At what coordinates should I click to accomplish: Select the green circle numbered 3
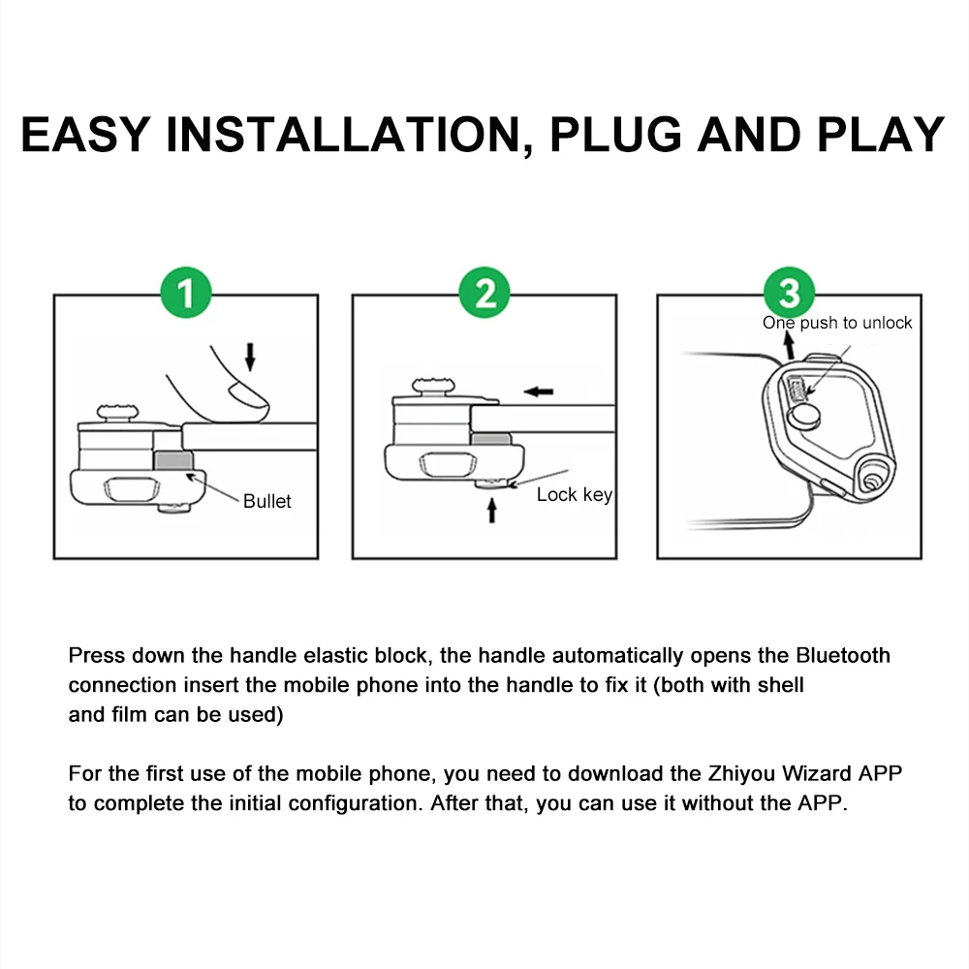(x=789, y=293)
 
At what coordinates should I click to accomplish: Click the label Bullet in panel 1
(x=266, y=501)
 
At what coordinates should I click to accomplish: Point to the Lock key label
(x=574, y=495)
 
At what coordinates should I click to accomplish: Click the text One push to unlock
(x=837, y=323)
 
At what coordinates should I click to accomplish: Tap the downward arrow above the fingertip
(x=250, y=356)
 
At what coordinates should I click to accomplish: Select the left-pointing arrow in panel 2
(x=538, y=391)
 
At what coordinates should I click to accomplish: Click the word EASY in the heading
(x=86, y=135)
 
